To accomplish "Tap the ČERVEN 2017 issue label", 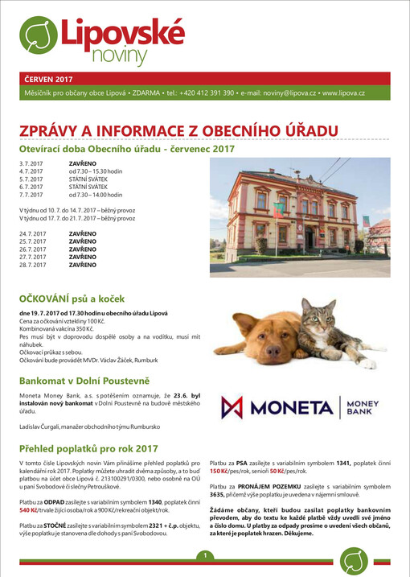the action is (49, 80).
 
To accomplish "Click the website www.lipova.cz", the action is (343, 93).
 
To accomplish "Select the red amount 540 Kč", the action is (29, 510).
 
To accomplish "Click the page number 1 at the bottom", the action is (206, 556).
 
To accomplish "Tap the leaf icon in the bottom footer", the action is (353, 561).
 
